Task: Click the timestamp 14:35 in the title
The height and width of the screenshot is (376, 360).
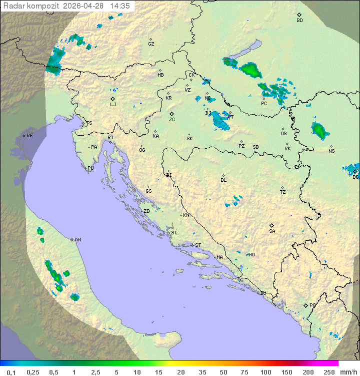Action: coord(120,6)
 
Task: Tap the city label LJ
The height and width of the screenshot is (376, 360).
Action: coord(113,104)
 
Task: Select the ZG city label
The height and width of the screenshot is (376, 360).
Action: coord(172,120)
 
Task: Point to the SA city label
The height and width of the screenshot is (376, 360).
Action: coord(272,231)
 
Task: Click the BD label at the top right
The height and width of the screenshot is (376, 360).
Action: coord(299,21)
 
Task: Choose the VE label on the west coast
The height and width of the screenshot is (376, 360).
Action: coord(29,136)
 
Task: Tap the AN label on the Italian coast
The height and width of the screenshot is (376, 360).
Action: coord(77,240)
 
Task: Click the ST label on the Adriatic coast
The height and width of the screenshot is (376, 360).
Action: coord(198,245)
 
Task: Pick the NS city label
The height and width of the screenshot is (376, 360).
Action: coord(331,151)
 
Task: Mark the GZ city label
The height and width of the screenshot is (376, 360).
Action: coord(151,44)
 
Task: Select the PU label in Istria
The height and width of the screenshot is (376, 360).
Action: coord(90,168)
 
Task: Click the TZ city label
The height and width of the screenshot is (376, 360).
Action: coord(283,192)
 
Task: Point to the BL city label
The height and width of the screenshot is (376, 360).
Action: coord(223,180)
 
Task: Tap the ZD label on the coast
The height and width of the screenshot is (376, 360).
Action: coord(146,211)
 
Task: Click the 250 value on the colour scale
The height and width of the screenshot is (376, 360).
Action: coord(329,371)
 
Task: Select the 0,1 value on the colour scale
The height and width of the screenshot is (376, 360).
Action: coord(11,371)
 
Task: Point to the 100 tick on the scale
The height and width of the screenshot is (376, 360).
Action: coord(265,371)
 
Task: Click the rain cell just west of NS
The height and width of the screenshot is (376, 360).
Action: coord(319,131)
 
